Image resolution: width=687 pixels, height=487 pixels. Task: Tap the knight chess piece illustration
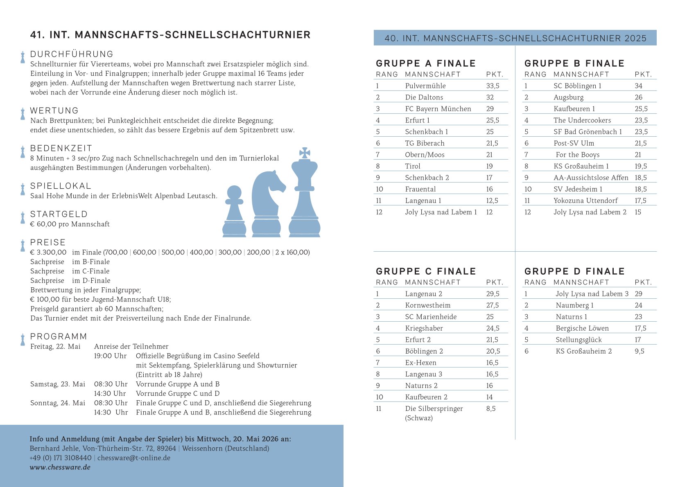pos(267,205)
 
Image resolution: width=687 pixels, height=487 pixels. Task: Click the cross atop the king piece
pos(305,153)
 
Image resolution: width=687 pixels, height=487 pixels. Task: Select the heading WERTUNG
pos(54,110)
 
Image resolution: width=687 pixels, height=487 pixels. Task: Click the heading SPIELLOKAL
pos(61,186)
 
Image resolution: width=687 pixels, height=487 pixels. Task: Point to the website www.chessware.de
pos(60,467)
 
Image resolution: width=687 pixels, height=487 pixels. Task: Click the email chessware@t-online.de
pos(134,458)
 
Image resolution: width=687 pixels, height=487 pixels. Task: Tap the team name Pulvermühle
pos(425,86)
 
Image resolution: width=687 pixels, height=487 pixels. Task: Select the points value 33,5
pos(493,86)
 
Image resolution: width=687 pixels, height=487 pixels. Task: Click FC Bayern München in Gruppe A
pos(438,109)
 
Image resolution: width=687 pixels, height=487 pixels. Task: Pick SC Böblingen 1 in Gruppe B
pos(577,86)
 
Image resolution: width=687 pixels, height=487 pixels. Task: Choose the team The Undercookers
pos(582,120)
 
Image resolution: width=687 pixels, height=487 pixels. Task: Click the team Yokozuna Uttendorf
pos(585,201)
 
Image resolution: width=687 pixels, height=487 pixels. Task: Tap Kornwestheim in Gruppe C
pos(427,305)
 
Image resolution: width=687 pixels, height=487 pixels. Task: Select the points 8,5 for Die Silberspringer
pos(491,408)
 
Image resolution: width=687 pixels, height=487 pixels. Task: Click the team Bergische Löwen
pos(582,328)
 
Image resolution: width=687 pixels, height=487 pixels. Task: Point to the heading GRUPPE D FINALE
pos(574,271)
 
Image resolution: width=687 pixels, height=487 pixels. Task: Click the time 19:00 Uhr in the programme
pos(110,356)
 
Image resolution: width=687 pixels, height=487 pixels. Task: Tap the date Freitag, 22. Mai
pos(55,346)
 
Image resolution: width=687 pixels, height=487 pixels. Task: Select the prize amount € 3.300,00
pos(48,252)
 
